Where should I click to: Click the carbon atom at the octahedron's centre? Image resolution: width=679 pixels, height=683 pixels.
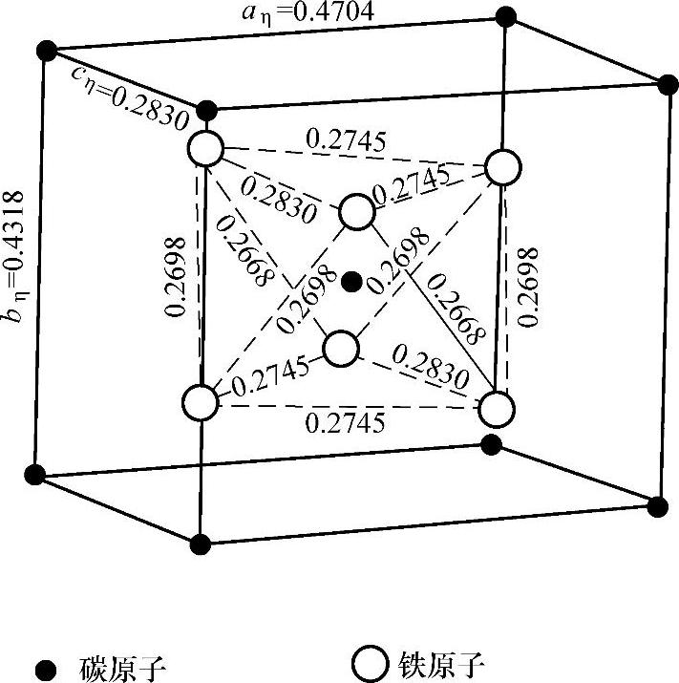pyautogui.click(x=351, y=280)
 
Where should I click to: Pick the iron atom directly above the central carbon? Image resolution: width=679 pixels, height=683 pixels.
pyautogui.click(x=357, y=211)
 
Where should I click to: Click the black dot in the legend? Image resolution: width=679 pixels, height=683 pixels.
pyautogui.click(x=43, y=664)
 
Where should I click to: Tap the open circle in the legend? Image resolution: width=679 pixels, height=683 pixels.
pyautogui.click(x=368, y=662)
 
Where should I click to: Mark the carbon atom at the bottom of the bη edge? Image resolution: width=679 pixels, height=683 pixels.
pyautogui.click(x=35, y=473)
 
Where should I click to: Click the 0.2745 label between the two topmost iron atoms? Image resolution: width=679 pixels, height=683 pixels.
pyautogui.click(x=347, y=139)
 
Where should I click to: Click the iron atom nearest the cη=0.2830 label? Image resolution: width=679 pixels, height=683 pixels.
pyautogui.click(x=205, y=149)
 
